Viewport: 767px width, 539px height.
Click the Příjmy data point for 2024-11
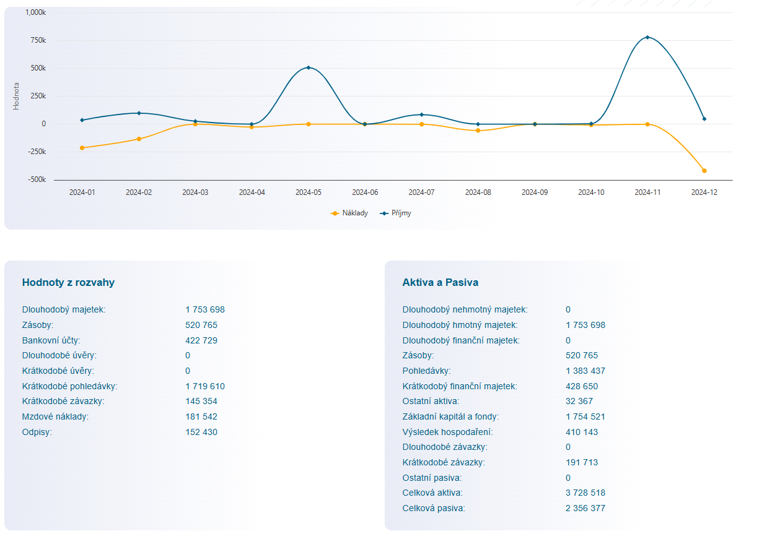647,38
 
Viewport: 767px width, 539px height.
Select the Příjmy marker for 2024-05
309,67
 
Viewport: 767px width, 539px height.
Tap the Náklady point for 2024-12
704,171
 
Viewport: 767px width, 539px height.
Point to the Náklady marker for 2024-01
82,148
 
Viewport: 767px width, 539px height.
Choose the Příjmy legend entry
397,213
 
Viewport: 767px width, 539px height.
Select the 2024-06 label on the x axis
365,192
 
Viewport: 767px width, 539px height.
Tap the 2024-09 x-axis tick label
535,192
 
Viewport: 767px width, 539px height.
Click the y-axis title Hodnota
16,96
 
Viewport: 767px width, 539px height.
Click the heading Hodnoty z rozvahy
68,283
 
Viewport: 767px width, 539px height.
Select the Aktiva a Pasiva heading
440,283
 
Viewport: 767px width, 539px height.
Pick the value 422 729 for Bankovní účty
201,340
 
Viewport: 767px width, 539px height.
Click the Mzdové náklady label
55,417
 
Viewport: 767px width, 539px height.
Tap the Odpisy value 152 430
201,433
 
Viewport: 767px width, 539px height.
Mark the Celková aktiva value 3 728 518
585,493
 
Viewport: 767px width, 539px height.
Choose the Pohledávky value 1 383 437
585,371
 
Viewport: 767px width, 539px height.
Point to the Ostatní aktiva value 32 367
579,402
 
